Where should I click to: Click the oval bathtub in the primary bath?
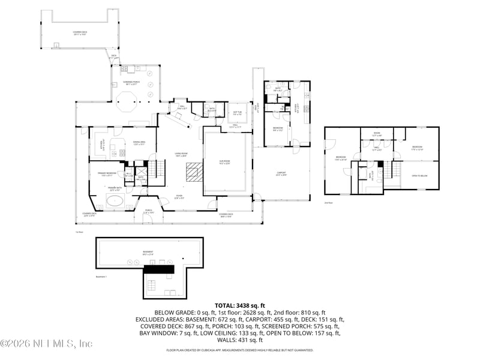click(115, 200)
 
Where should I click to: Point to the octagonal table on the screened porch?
click(127, 101)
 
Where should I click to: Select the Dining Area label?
click(139, 143)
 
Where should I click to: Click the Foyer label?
click(179, 196)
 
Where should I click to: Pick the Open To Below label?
click(419, 175)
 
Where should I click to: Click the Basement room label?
click(148, 252)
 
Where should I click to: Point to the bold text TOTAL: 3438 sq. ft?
click(239, 306)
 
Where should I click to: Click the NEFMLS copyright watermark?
click(46, 344)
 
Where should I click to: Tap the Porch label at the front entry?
click(148, 211)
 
